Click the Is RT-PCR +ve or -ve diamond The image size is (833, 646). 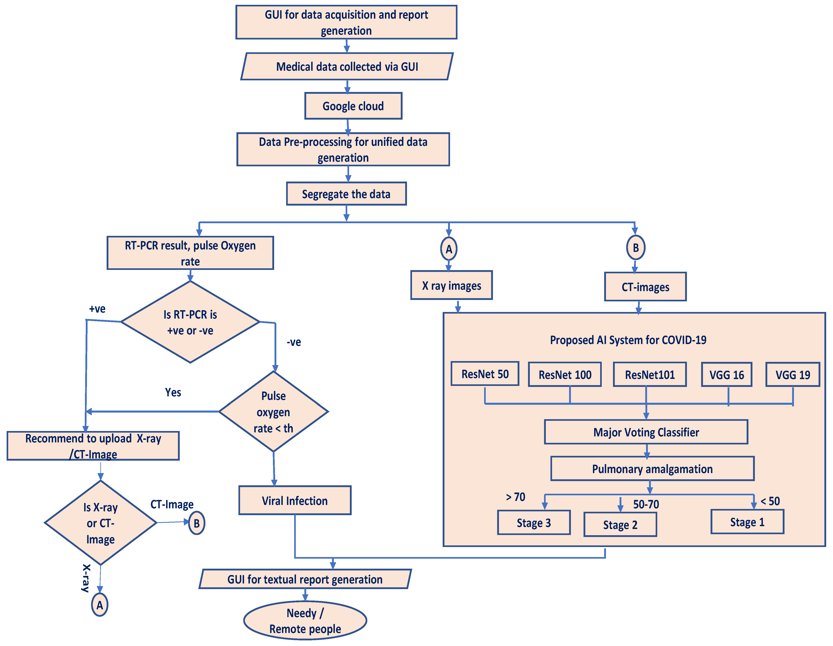[190, 322]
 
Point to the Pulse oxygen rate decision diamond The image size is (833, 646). [274, 412]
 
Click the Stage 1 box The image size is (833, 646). [747, 522]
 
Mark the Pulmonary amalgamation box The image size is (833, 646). [652, 469]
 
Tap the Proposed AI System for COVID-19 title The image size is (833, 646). [628, 340]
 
